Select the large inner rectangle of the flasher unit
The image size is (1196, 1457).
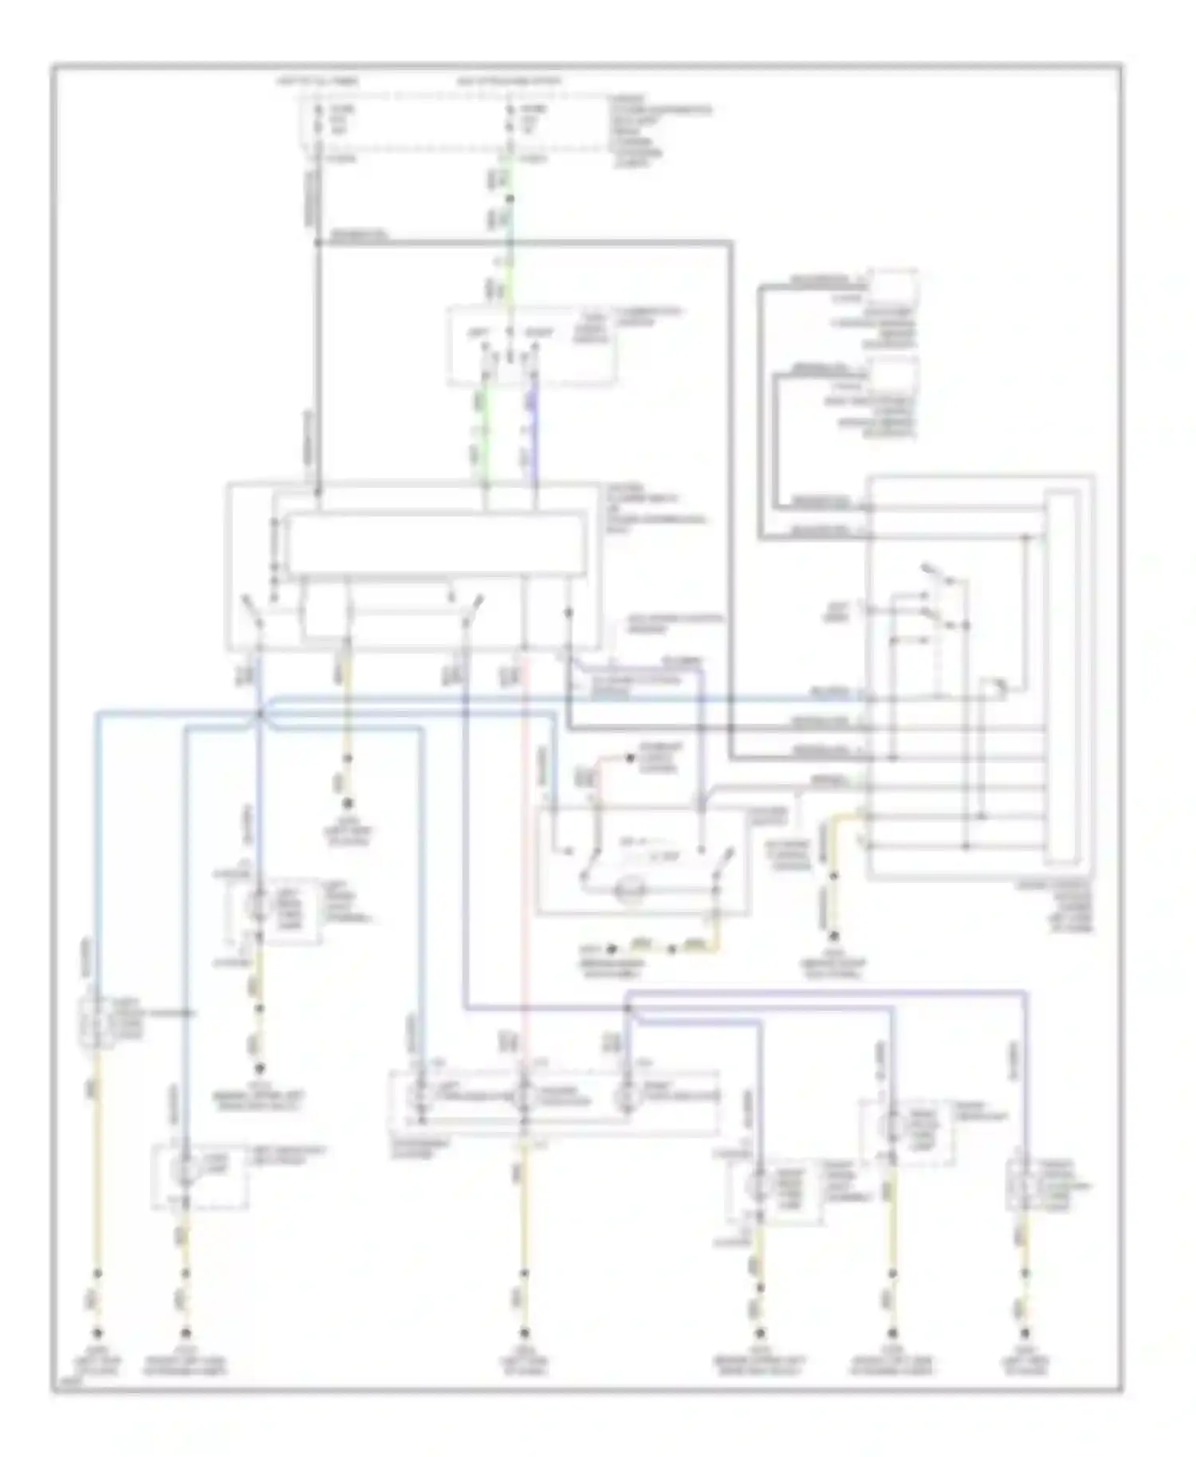click(x=435, y=544)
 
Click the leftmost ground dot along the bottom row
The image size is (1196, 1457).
click(x=97, y=1333)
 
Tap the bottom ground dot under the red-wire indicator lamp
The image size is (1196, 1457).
click(x=524, y=1333)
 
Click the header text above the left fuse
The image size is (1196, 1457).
click(x=318, y=82)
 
